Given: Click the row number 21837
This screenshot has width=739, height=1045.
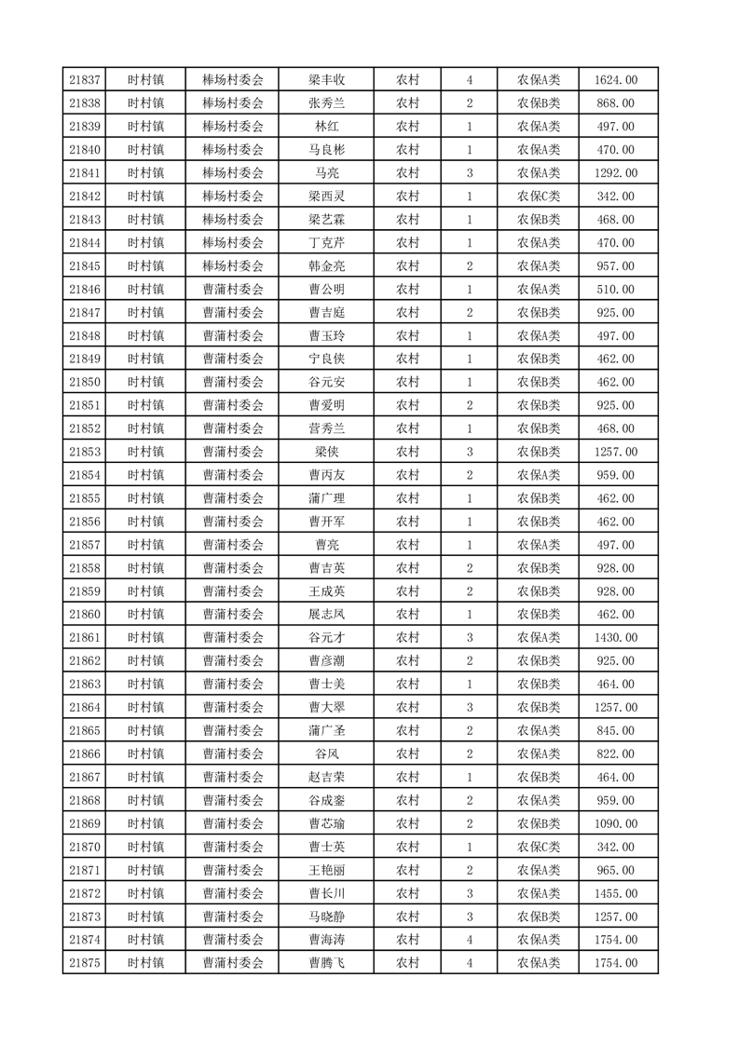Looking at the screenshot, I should (85, 80).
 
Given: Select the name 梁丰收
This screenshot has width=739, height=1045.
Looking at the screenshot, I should (327, 80).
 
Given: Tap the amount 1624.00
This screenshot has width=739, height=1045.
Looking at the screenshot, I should (616, 80).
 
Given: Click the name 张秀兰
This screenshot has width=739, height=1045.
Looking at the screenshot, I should (327, 103).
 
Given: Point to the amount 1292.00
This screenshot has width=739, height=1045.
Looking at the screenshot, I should (616, 173).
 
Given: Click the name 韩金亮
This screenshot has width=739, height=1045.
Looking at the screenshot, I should (327, 266).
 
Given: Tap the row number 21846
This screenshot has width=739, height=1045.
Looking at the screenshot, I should (85, 290).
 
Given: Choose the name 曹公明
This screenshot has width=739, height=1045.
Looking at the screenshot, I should (327, 290).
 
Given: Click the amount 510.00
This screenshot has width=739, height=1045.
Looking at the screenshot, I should (616, 290).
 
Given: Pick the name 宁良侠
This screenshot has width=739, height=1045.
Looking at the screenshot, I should (327, 359).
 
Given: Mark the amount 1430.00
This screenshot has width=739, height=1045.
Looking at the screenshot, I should (616, 638).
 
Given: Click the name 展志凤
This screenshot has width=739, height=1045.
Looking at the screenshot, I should (327, 615).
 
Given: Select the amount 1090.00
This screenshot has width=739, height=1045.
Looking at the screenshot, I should (616, 823).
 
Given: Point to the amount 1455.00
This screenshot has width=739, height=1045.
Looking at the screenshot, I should (616, 893).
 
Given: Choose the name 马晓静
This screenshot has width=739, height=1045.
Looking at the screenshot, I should (327, 916).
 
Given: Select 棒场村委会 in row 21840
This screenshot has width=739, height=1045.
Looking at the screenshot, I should (233, 150).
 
